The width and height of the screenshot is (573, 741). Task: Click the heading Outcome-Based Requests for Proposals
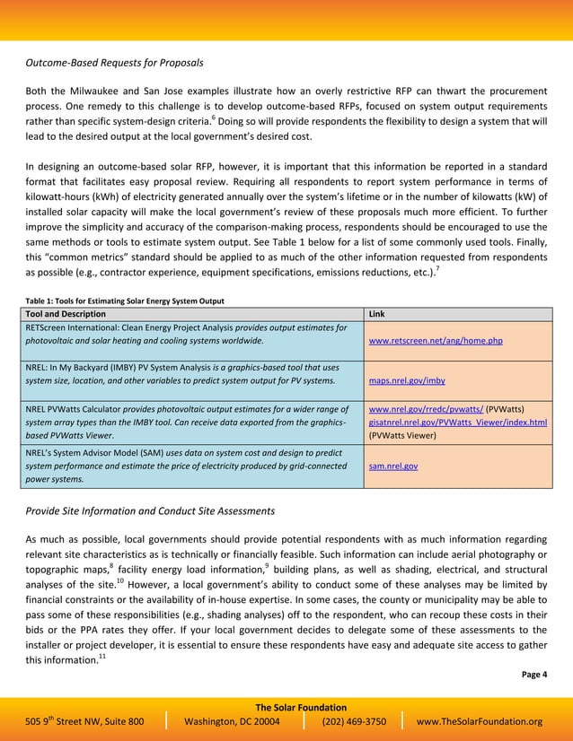113,63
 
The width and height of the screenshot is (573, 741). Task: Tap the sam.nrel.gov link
393,466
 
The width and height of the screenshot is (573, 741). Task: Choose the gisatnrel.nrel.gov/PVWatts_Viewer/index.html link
457,423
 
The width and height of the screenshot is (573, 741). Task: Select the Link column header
378,314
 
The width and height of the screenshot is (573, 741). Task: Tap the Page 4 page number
534,675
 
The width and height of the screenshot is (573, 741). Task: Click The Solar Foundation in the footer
287,708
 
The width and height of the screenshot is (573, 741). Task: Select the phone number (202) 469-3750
353,722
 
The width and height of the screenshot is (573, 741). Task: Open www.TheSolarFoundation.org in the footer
480,722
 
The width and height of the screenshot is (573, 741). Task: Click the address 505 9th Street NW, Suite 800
84,722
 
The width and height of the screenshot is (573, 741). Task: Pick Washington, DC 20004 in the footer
232,722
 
